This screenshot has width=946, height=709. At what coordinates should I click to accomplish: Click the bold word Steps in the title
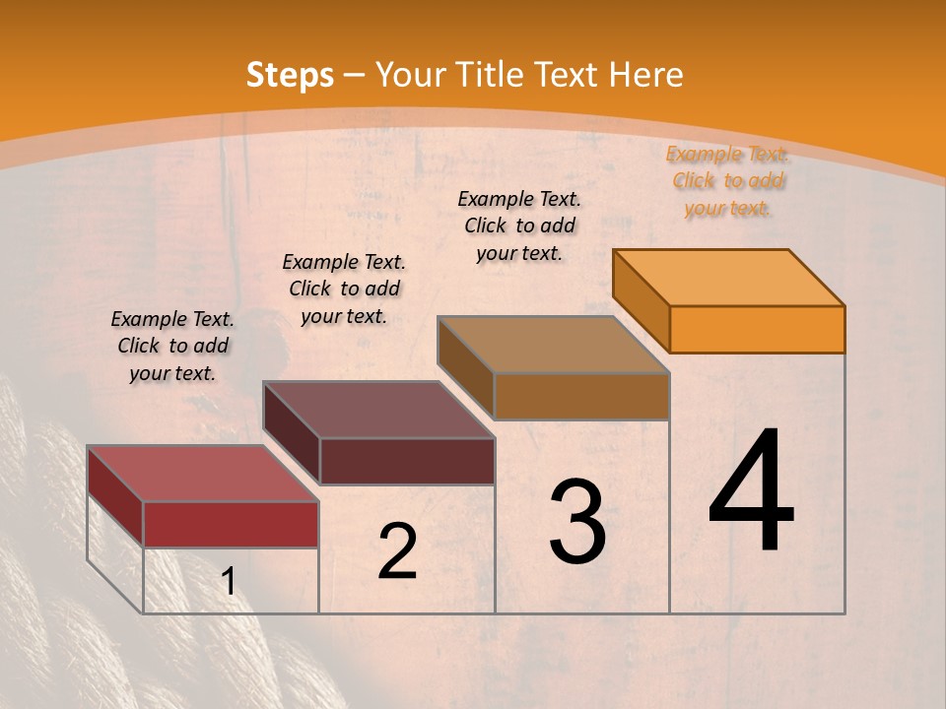click(x=290, y=75)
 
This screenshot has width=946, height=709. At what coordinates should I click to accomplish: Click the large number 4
click(x=751, y=492)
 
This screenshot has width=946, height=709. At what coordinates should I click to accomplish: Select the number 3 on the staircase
click(x=577, y=522)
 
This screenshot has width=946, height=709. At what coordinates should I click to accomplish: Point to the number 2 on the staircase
click(x=398, y=551)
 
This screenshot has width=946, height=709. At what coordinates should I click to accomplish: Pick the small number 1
click(x=229, y=582)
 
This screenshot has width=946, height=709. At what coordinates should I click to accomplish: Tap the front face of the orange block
click(x=757, y=329)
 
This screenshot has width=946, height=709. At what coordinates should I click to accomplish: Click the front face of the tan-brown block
click(x=581, y=396)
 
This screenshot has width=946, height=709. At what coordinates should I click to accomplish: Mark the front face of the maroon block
click(x=407, y=461)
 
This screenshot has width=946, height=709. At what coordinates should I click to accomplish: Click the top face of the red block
click(x=203, y=474)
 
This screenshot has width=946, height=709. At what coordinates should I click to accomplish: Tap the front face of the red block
click(x=231, y=524)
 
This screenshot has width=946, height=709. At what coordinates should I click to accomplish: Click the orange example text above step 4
click(x=728, y=180)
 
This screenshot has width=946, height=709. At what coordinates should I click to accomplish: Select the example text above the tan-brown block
click(x=519, y=226)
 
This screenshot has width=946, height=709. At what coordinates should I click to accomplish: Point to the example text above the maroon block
click(x=344, y=289)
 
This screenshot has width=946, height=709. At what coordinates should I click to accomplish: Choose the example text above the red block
click(x=172, y=346)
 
